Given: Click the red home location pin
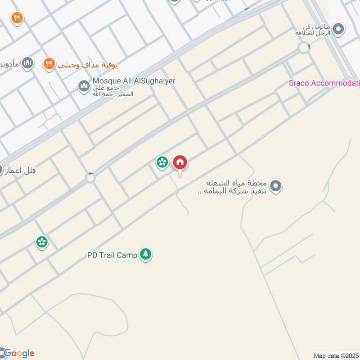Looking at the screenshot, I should [x=180, y=163].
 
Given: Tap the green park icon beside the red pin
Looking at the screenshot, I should [x=162, y=162].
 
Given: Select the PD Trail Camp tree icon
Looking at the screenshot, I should [x=145, y=255].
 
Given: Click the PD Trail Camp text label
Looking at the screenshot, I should [x=112, y=255].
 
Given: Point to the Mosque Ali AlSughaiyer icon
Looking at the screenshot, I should [x=84, y=85].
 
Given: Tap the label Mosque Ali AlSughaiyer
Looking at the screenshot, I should [x=134, y=81].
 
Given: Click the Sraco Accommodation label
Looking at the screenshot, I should [x=324, y=83].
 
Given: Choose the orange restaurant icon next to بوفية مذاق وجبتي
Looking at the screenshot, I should [x=49, y=64].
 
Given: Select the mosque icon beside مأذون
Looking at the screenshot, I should [x=27, y=63].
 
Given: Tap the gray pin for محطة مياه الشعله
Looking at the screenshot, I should [x=276, y=185].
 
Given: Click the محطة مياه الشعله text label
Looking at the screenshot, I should [x=237, y=187].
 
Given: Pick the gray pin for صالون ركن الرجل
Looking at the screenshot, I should [x=339, y=30].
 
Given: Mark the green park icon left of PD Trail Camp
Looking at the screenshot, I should [x=42, y=242].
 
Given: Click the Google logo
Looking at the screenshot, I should [x=18, y=353].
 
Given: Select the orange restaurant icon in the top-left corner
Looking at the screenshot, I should [x=17, y=18].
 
